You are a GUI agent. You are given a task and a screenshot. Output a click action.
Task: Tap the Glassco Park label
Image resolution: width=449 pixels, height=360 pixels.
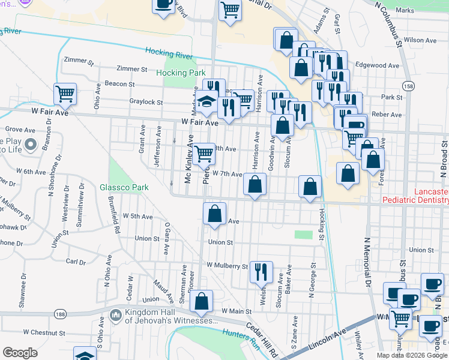click(124, 187)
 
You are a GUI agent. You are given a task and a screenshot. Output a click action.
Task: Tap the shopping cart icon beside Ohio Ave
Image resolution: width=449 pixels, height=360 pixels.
click(65, 94)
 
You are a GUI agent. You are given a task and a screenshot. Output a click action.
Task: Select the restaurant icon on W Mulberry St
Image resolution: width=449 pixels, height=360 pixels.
click(261, 271)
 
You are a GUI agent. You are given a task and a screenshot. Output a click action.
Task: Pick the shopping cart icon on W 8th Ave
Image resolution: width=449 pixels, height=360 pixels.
click(204, 153)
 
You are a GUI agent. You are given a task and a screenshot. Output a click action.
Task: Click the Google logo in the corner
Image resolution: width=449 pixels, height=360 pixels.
click(20, 352)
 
